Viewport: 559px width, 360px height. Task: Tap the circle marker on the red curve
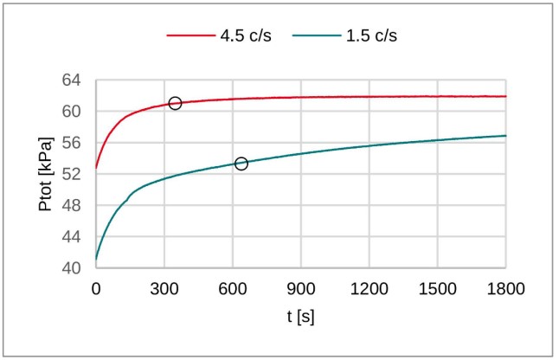pyautogui.click(x=175, y=103)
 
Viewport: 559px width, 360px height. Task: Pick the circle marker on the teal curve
pyautogui.click(x=241, y=164)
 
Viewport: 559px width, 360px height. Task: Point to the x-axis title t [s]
pyautogui.click(x=300, y=316)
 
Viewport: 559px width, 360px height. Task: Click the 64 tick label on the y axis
pyautogui.click(x=73, y=80)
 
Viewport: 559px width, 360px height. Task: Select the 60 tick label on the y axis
pyautogui.click(x=73, y=112)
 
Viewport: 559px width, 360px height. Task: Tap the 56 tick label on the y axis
pyautogui.click(x=73, y=143)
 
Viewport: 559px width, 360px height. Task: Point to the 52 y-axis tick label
pyautogui.click(x=73, y=174)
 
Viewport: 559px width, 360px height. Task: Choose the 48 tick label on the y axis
pyautogui.click(x=73, y=206)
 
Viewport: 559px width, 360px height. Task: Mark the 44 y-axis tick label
pyautogui.click(x=73, y=237)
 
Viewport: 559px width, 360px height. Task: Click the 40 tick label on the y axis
pyautogui.click(x=73, y=268)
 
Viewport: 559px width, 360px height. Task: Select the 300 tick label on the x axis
pyautogui.click(x=164, y=289)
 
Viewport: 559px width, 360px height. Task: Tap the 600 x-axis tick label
pyautogui.click(x=233, y=289)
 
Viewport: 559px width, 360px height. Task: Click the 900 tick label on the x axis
pyautogui.click(x=301, y=289)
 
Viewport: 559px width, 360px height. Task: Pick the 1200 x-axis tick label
pyautogui.click(x=369, y=289)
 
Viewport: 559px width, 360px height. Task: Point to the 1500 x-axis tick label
pyautogui.click(x=438, y=289)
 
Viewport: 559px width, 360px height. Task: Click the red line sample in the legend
pyautogui.click(x=190, y=37)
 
